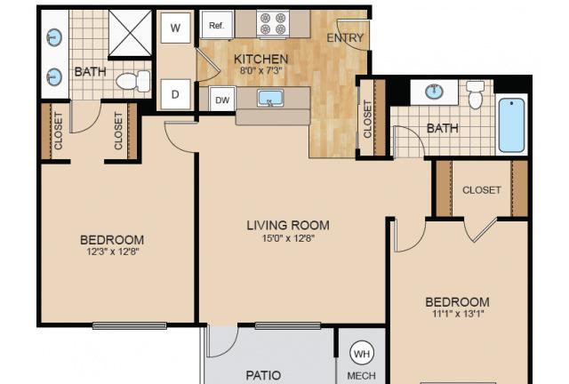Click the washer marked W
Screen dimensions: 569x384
click(x=176, y=28)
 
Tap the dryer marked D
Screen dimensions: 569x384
click(x=176, y=94)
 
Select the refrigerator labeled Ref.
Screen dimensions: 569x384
click(x=217, y=25)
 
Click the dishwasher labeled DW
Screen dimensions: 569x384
click(x=222, y=99)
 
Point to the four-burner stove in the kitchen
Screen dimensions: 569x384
click(x=273, y=24)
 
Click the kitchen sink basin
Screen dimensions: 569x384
click(x=270, y=98)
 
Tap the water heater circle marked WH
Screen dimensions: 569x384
click(x=362, y=353)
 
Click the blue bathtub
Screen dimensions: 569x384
click(x=511, y=124)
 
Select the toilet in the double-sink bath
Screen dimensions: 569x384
click(x=132, y=81)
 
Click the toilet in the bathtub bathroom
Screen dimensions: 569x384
click(x=475, y=95)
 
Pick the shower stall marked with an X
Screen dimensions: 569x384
click(x=130, y=34)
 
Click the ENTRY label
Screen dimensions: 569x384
click(x=345, y=37)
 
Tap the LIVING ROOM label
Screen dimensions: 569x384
click(x=288, y=226)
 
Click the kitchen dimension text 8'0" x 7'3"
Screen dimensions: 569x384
click(x=260, y=70)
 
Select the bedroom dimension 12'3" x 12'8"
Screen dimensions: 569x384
click(x=113, y=252)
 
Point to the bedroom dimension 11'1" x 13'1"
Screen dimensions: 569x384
click(x=458, y=313)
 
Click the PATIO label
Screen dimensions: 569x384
click(x=263, y=375)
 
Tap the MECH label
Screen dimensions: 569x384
click(x=362, y=376)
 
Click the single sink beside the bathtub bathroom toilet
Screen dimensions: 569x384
click(x=434, y=92)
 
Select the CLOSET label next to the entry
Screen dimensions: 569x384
click(x=367, y=119)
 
